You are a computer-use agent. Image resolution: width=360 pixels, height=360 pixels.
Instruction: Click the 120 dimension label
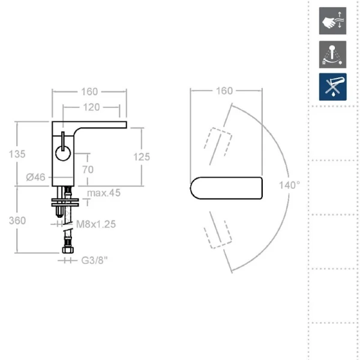click(91, 107)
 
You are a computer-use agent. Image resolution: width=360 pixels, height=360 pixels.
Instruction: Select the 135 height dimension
click(17, 154)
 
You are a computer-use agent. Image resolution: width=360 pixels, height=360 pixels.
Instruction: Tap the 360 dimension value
click(17, 221)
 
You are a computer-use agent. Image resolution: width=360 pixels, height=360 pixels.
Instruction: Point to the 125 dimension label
click(142, 157)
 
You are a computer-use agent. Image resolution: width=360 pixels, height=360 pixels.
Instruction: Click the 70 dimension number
click(88, 170)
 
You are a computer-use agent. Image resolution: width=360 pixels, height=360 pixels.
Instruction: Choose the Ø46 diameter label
click(35, 177)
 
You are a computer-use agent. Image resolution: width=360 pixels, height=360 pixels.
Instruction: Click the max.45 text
click(104, 193)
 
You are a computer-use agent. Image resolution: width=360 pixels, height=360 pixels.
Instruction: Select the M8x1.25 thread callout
click(96, 224)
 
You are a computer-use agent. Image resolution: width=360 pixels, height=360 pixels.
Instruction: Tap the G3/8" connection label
click(95, 260)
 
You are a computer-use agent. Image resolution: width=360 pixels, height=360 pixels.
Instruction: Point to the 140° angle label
click(290, 185)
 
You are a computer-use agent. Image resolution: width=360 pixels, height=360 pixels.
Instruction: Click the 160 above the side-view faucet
click(89, 92)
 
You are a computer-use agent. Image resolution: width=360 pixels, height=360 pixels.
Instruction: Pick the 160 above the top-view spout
click(224, 91)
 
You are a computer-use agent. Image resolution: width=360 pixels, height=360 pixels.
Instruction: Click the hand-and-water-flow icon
click(332, 21)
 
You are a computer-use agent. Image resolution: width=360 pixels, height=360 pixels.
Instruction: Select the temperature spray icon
click(332, 55)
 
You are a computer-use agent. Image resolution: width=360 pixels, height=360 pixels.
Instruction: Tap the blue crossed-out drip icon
click(332, 87)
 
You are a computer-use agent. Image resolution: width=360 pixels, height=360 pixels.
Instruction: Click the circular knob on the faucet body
click(63, 154)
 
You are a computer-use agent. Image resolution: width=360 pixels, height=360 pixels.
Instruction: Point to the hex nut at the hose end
click(68, 250)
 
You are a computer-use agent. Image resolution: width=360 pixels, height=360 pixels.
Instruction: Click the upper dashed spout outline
click(218, 142)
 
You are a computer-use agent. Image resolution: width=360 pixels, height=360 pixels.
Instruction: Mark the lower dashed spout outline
click(218, 235)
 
